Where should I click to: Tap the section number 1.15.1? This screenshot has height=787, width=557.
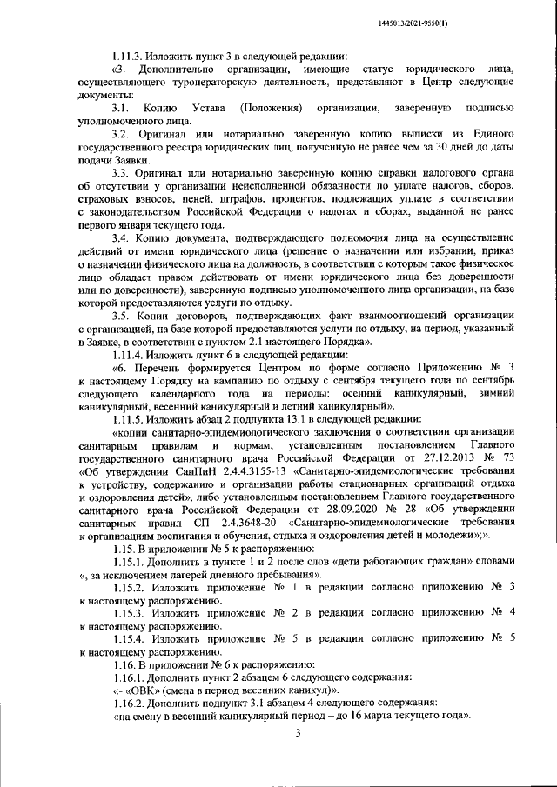coord(130,563)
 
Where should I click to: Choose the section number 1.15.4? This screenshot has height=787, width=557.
coord(130,638)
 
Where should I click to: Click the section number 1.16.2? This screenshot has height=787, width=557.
coord(130,703)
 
